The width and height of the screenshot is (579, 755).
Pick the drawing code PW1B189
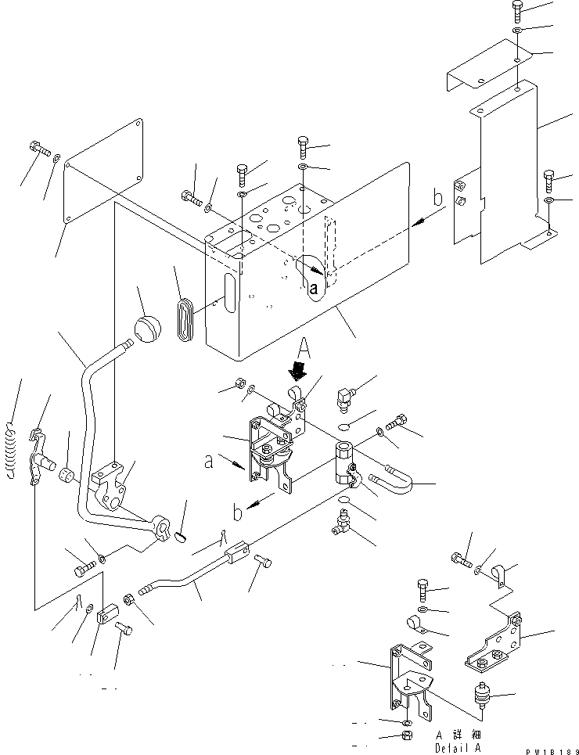[x=548, y=748]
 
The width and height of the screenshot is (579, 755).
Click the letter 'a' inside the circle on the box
[x=313, y=288]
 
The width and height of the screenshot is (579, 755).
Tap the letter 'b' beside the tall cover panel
[x=438, y=198]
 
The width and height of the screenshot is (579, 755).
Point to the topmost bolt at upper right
[x=519, y=10]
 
